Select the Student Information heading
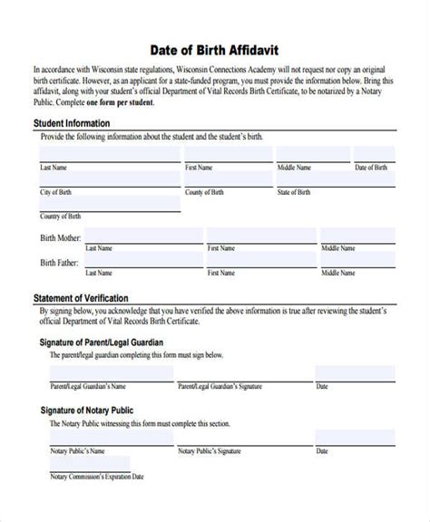(x=72, y=123)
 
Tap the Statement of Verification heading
(x=81, y=297)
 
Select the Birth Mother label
(x=60, y=237)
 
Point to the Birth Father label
(x=59, y=263)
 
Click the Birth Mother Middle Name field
(x=357, y=236)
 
